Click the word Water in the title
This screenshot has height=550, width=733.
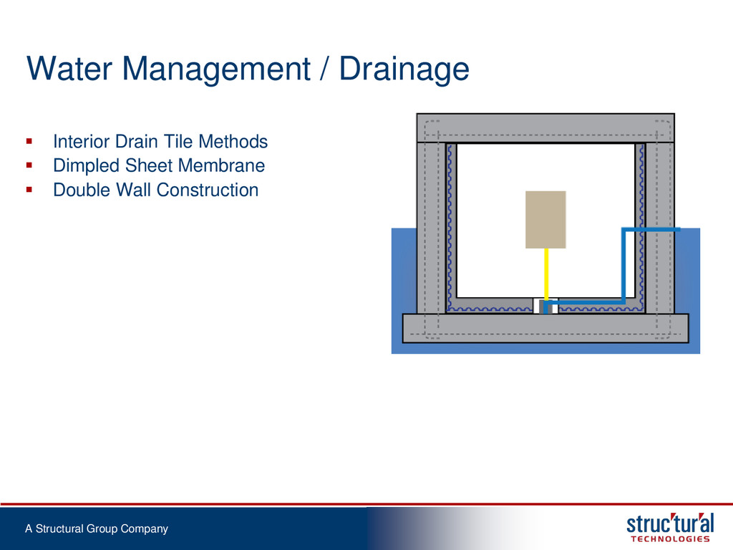pyautogui.click(x=69, y=69)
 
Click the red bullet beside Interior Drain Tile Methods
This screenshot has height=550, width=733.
pyautogui.click(x=29, y=141)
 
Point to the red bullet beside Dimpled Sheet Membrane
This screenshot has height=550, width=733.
pyautogui.click(x=29, y=165)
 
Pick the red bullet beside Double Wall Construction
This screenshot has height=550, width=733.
pyautogui.click(x=29, y=189)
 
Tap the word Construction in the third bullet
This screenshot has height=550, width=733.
pyautogui.click(x=208, y=190)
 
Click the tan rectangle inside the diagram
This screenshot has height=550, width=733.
pyautogui.click(x=545, y=219)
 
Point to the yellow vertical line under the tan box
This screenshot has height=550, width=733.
pyautogui.click(x=546, y=274)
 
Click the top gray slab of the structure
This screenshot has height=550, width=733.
pyautogui.click(x=545, y=128)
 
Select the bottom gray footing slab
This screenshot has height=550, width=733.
pyautogui.click(x=545, y=328)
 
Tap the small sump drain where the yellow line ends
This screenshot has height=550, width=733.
pyautogui.click(x=544, y=307)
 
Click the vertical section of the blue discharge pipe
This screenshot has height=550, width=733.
pyautogui.click(x=623, y=265)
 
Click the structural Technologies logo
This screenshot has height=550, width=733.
pyautogui.click(x=670, y=528)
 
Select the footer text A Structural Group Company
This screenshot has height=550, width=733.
pyautogui.click(x=97, y=529)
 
